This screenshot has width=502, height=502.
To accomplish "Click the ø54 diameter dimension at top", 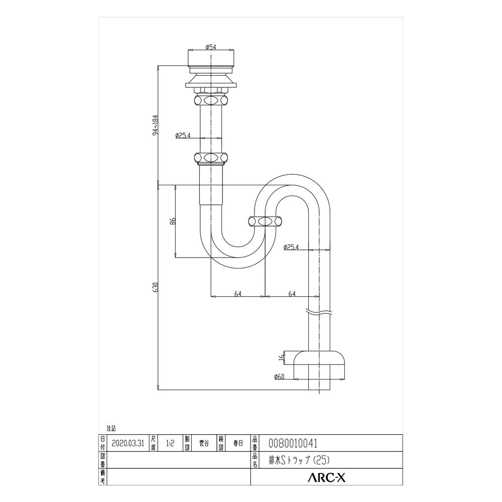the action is [x=211, y=47].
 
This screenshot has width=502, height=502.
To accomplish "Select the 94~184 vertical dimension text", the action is [x=156, y=125].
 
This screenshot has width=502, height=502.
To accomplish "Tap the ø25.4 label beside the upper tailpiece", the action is [x=183, y=136].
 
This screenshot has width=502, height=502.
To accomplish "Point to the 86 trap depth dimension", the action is [x=173, y=221].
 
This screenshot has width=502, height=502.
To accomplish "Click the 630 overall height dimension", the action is [x=156, y=287].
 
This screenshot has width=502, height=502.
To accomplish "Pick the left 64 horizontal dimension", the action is [x=238, y=294].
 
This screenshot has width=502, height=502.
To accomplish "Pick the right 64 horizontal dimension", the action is [x=292, y=294].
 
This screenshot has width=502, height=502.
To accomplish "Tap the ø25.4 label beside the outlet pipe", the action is [x=291, y=247].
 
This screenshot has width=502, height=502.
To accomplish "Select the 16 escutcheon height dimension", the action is [x=282, y=357].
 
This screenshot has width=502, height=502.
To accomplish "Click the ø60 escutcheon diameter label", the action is [x=279, y=377].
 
